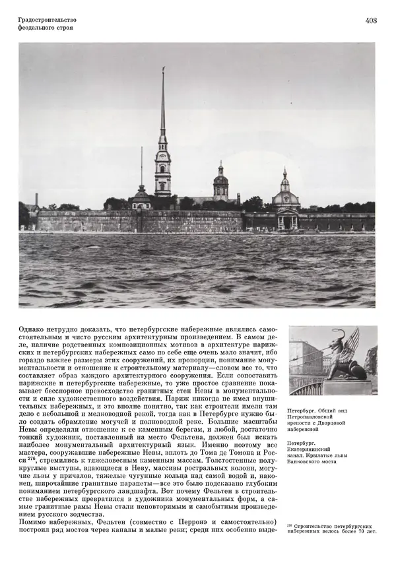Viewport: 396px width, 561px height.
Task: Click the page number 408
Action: (x=370, y=20)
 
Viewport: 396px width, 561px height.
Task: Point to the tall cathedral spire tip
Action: (x=163, y=69)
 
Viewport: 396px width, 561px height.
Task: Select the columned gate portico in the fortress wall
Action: (x=287, y=219)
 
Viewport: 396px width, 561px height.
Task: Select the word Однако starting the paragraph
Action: (x=34, y=327)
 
